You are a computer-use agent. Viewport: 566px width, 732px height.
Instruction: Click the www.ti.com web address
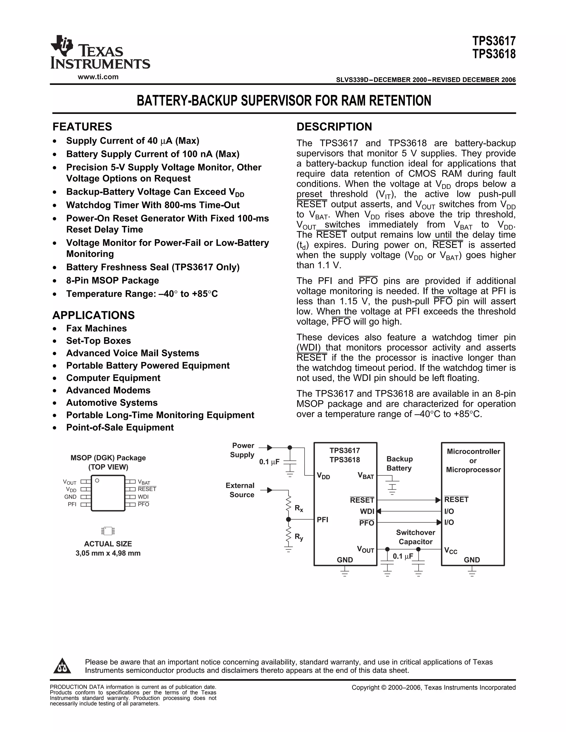(98, 77)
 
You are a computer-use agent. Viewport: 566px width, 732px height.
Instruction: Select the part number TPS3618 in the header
(494, 54)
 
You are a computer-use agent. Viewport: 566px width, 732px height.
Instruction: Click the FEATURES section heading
(82, 127)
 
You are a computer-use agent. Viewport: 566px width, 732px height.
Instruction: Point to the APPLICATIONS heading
(94, 315)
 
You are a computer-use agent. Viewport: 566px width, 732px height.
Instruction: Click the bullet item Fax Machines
(96, 328)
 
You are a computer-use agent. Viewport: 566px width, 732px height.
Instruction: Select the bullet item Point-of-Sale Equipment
(120, 427)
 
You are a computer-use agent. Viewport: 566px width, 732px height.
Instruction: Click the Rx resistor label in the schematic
(299, 509)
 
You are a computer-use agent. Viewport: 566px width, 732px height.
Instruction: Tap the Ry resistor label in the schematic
(299, 537)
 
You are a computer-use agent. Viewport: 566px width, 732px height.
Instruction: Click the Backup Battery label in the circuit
(399, 463)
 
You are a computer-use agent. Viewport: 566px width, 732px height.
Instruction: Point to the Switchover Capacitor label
(415, 537)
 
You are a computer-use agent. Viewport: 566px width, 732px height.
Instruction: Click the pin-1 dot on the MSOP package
(97, 481)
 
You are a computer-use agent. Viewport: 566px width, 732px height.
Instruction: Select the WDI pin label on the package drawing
(143, 497)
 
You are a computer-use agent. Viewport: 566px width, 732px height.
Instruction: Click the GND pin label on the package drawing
(70, 497)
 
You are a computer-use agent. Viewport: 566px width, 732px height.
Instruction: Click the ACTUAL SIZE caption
(108, 544)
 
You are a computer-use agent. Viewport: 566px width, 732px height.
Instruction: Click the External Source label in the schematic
(240, 490)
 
